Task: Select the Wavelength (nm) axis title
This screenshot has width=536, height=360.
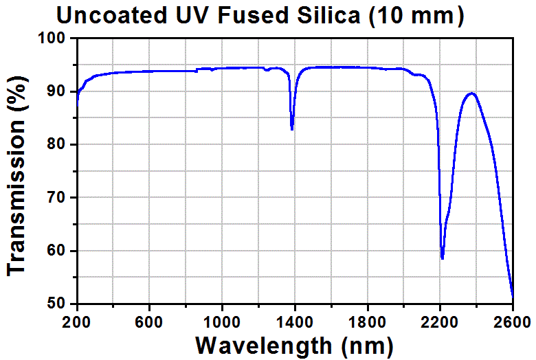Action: [x=294, y=344]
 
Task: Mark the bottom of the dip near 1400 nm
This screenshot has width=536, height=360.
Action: [x=292, y=129]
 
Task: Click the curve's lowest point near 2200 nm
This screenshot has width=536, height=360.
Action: [x=443, y=258]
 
